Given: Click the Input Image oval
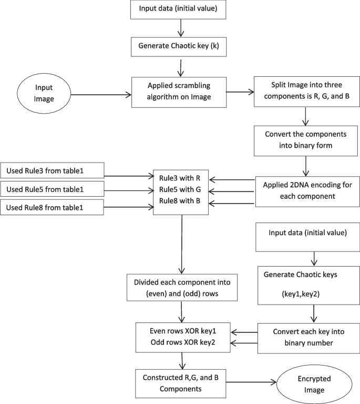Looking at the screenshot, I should [43, 95].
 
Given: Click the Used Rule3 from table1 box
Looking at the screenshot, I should [53, 170].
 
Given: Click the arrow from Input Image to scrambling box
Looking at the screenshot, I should [100, 95].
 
